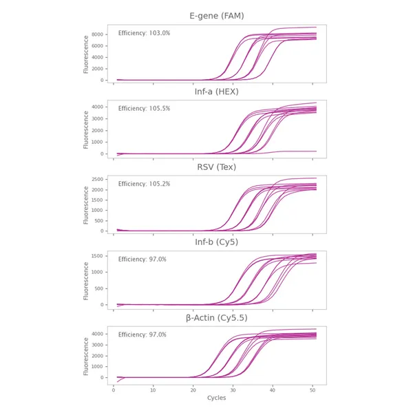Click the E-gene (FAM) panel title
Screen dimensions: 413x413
(x=217, y=16)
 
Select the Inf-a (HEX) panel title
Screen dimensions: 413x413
(x=217, y=92)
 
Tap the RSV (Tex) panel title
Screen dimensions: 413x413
(x=217, y=167)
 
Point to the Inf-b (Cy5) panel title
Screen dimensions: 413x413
(x=217, y=242)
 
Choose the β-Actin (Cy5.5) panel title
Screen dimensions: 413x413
(x=217, y=318)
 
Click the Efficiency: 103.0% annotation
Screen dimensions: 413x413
(x=144, y=33)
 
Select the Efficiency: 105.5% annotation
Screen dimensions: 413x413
(x=144, y=109)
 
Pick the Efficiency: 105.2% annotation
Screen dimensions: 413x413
(x=144, y=184)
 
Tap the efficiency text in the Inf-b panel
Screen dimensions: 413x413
(x=142, y=260)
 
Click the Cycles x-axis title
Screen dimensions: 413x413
(x=217, y=398)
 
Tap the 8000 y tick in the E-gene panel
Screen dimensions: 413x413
(x=98, y=34)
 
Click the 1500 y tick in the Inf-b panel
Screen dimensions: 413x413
(x=98, y=256)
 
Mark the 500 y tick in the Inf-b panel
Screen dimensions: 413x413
(x=100, y=288)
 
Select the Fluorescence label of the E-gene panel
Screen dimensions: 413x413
(x=86, y=54)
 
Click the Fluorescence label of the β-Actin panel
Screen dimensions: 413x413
(x=86, y=356)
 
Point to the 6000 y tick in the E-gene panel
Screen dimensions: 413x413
(x=98, y=46)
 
